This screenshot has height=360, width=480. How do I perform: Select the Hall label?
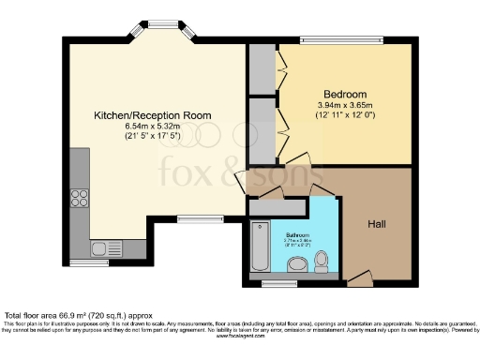(378, 225)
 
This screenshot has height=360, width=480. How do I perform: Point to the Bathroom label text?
(297, 235)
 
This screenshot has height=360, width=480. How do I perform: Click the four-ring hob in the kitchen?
(80, 198)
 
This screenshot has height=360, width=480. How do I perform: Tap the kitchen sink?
(100, 249)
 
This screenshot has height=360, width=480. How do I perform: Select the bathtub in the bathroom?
(261, 246)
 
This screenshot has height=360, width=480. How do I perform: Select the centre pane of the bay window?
(163, 23)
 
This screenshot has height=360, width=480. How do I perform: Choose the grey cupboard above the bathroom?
(277, 207)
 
